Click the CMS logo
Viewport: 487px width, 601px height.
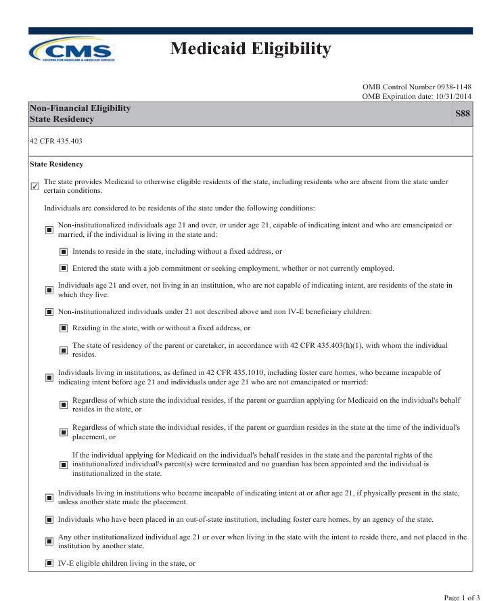72,51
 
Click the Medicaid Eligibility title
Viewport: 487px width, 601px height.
250,49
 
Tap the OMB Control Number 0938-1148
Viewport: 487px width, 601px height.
417,87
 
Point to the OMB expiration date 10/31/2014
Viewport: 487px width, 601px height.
417,96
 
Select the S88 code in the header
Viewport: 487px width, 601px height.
463,114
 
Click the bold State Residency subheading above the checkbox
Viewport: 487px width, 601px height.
56,164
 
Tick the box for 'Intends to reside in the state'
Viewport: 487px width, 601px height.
64,252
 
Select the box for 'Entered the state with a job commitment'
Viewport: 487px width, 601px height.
64,269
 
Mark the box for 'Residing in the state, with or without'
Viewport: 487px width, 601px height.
64,329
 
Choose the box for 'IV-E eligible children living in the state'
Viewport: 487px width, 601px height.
49,563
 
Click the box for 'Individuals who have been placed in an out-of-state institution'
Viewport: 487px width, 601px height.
49,520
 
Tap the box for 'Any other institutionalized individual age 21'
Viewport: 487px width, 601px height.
49,541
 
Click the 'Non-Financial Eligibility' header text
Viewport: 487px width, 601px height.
80,108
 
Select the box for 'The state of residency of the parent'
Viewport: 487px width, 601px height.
64,350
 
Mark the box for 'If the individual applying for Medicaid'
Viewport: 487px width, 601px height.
64,465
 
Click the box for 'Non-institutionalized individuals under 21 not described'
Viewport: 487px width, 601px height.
49,312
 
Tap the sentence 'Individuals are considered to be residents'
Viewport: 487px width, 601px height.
179,208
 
